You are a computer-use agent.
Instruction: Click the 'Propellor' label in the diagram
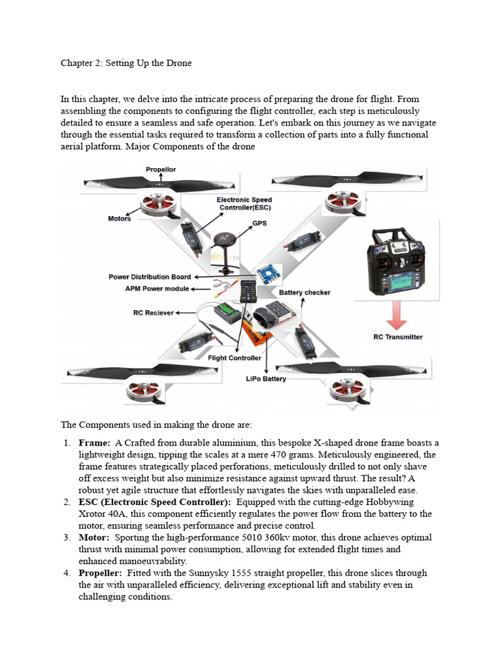point(160,169)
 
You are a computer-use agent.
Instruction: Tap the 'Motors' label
point(120,219)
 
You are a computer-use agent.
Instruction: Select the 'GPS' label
point(259,223)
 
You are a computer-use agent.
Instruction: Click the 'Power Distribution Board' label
point(150,277)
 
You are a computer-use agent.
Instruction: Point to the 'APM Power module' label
point(157,288)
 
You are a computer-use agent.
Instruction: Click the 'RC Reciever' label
point(154,313)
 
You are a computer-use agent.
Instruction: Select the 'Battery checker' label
point(305,292)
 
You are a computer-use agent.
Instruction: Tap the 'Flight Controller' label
point(235,358)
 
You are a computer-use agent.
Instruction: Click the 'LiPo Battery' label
point(266,379)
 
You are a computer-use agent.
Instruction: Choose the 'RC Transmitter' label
point(397,337)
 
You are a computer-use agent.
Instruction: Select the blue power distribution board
point(268,273)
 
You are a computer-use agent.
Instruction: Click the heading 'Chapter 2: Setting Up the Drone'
point(126,63)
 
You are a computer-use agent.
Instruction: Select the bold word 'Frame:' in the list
point(94,443)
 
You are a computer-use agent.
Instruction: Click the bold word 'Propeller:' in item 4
point(100,573)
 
